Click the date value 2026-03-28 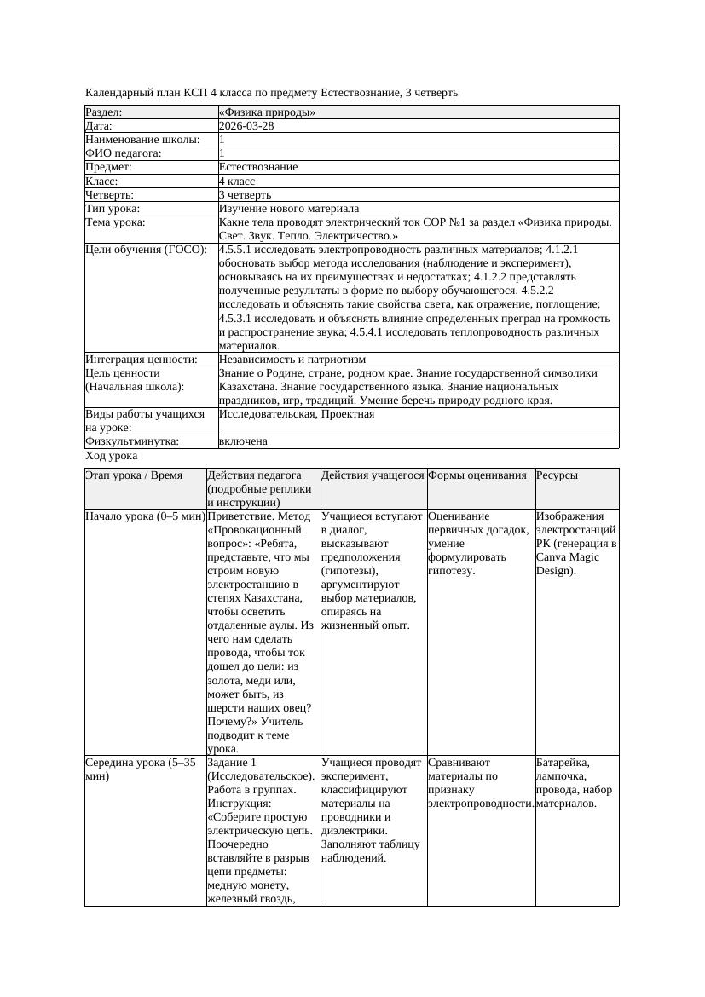coord(246,125)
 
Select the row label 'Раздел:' coord(104,112)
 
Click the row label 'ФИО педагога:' coord(124,153)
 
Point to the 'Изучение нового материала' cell coord(288,209)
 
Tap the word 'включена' coord(243,441)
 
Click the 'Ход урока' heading coord(111,456)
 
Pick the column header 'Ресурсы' coord(557,475)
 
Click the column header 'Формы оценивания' coord(477,475)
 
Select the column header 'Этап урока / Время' coord(134,475)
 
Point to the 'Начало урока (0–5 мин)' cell coord(145,516)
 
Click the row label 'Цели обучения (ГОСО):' coord(146,250)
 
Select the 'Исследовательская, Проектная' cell coord(296,414)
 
